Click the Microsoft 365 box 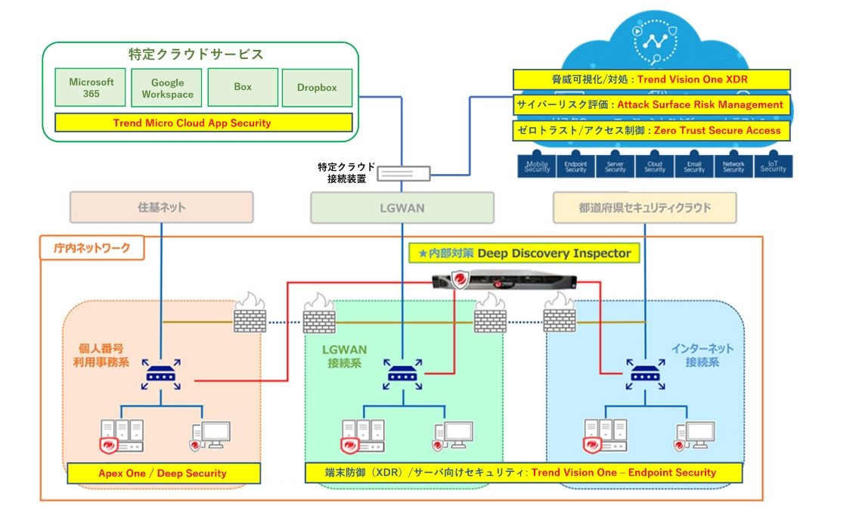point(91,88)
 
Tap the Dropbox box point(317,88)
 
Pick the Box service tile point(243,87)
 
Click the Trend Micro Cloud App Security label point(203,123)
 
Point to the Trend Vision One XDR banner point(651,79)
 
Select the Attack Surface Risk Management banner point(651,104)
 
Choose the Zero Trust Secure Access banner point(651,130)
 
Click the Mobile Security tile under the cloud point(537,166)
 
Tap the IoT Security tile point(774,166)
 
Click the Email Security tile point(694,166)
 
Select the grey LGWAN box point(402,207)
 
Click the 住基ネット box point(161,207)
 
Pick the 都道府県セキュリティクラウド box point(645,207)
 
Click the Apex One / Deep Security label point(163,474)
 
